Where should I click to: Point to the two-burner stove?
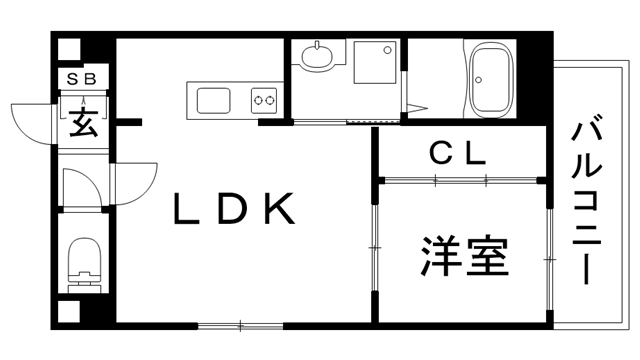264,100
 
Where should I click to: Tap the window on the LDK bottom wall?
240,325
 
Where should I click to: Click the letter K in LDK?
279,209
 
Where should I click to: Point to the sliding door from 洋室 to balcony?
549,255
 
